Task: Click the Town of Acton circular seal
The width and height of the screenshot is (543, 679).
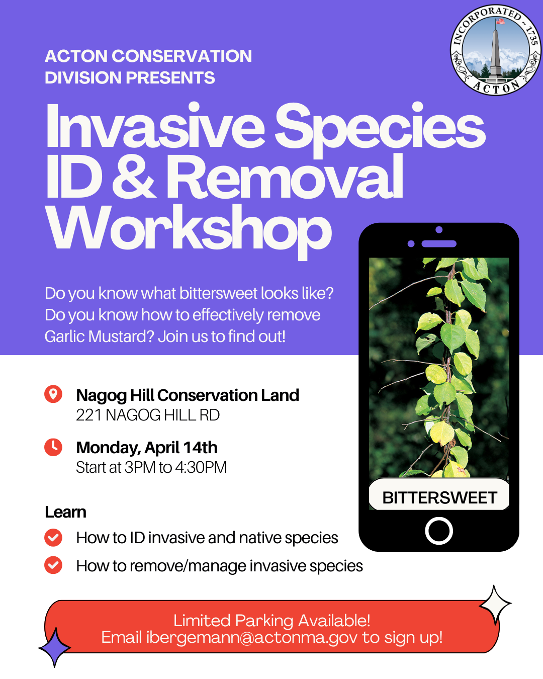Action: tap(495, 50)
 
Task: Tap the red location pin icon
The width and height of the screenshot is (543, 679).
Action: tap(53, 394)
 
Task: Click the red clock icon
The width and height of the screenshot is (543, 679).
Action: tap(53, 447)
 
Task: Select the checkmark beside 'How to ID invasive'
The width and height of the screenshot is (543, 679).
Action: tap(53, 538)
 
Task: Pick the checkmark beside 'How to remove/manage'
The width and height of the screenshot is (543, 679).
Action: tap(53, 565)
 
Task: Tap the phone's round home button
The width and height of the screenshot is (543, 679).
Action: tap(439, 531)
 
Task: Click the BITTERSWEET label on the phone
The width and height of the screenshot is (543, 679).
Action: tap(439, 498)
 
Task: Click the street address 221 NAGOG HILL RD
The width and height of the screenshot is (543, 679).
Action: tap(148, 415)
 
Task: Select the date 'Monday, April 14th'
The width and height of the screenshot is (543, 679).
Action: tap(147, 448)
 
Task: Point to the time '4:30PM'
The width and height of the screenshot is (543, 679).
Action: tap(201, 468)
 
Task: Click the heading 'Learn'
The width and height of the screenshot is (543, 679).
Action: tap(65, 512)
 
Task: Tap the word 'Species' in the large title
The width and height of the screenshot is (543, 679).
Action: tap(380, 128)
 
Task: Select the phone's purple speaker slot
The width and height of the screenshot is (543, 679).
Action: tap(439, 243)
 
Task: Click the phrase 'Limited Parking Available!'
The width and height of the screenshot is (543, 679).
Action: tap(271, 621)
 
